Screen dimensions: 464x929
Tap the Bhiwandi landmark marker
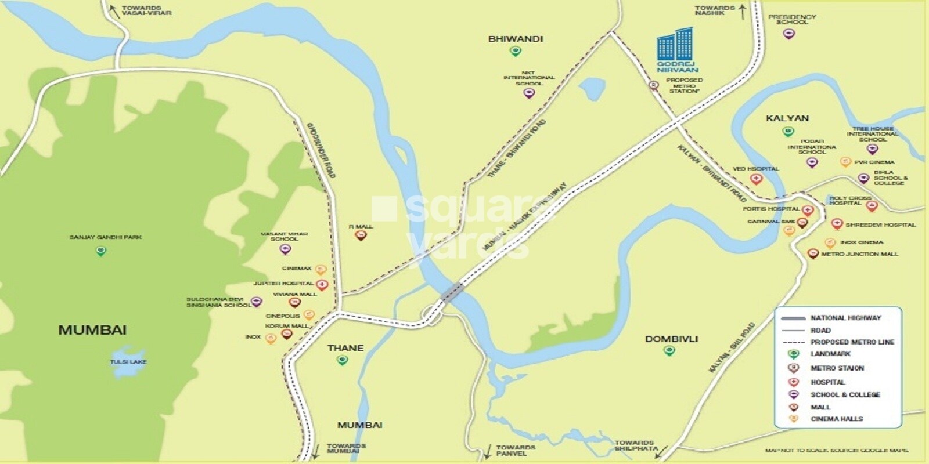pyautogui.click(x=515, y=52)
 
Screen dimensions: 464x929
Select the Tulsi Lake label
pyautogui.click(x=128, y=362)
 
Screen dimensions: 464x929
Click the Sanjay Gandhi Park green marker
pyautogui.click(x=101, y=251)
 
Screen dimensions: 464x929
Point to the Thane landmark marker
pyautogui.click(x=343, y=360)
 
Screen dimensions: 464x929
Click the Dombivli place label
pyautogui.click(x=671, y=339)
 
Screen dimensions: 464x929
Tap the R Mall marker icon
pyautogui.click(x=361, y=235)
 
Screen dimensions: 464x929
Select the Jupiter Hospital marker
pyautogui.click(x=322, y=284)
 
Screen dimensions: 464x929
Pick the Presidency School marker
pyautogui.click(x=788, y=34)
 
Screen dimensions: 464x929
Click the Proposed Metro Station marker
pyautogui.click(x=654, y=86)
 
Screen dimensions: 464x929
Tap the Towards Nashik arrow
pyautogui.click(x=742, y=12)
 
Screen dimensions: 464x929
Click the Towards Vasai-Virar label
pyautogui.click(x=146, y=10)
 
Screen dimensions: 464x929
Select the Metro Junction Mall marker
pyautogui.click(x=813, y=253)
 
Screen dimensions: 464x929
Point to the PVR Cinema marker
pyautogui.click(x=845, y=162)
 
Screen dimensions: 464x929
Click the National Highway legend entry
pyautogui.click(x=845, y=318)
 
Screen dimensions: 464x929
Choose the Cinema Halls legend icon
pyautogui.click(x=793, y=419)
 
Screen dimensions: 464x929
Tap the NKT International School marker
pyautogui.click(x=528, y=93)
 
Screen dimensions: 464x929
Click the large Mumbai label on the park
pyautogui.click(x=92, y=330)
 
